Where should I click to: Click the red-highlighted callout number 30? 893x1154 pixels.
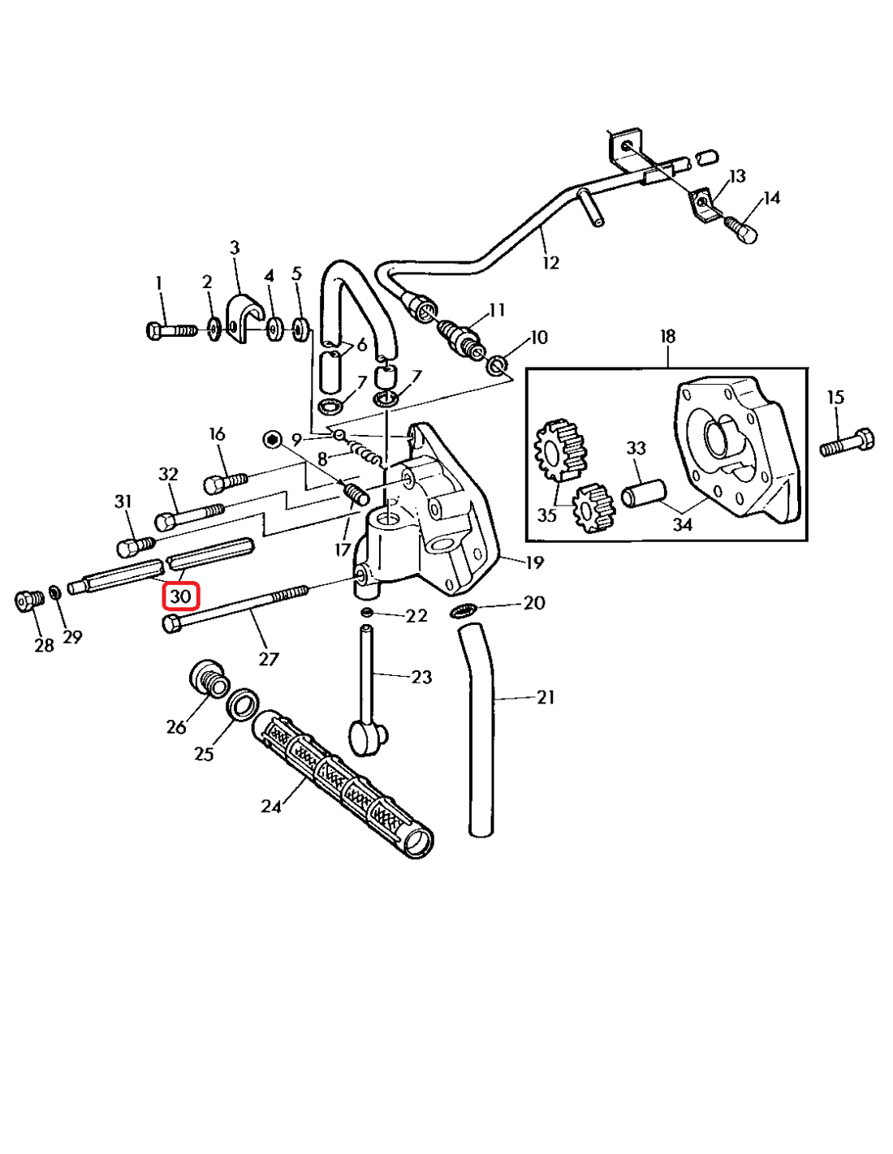[x=180, y=596]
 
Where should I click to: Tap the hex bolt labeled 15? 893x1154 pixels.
[x=847, y=443]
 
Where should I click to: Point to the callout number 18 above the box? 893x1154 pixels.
[x=667, y=336]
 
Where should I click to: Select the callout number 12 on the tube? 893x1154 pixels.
[x=551, y=262]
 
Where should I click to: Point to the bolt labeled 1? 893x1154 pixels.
[x=170, y=330]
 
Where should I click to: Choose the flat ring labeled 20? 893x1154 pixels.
[x=464, y=610]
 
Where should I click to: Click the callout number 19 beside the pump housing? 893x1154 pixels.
[x=534, y=562]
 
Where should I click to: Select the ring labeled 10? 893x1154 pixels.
[x=497, y=364]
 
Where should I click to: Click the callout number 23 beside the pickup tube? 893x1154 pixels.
[x=421, y=676]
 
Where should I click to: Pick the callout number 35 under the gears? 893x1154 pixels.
[x=546, y=515]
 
